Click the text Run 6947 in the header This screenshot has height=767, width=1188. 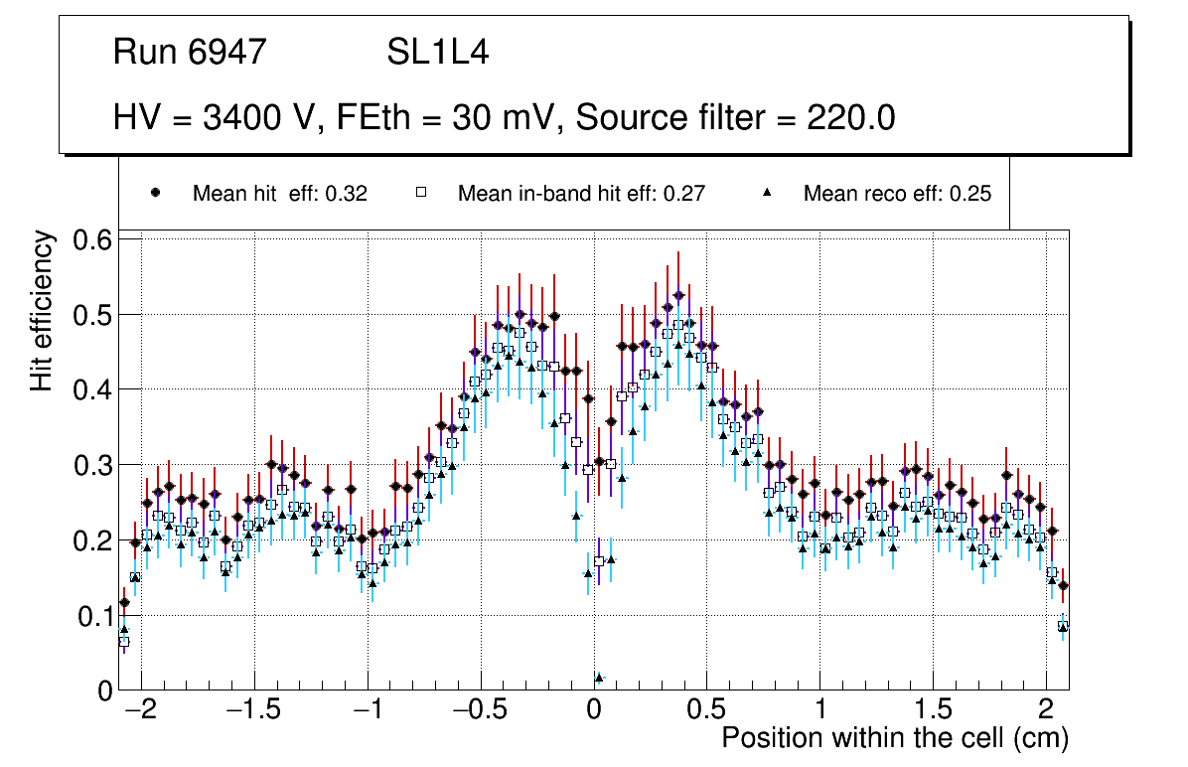[x=190, y=52]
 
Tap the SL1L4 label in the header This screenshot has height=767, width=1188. [x=437, y=52]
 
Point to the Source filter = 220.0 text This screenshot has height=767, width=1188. [x=735, y=118]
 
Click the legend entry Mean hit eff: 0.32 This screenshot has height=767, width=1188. [x=279, y=194]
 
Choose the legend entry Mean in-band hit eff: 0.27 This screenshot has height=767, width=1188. [x=581, y=194]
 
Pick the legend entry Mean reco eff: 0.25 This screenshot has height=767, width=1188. [x=897, y=194]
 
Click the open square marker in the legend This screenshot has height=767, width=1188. [x=421, y=193]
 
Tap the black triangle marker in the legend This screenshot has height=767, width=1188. [x=767, y=193]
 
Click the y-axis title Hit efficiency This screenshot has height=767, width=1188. [x=43, y=310]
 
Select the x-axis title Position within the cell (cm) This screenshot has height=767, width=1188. [x=894, y=738]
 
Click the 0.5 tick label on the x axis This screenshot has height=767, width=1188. [x=706, y=711]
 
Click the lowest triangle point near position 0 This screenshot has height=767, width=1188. [x=598, y=678]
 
